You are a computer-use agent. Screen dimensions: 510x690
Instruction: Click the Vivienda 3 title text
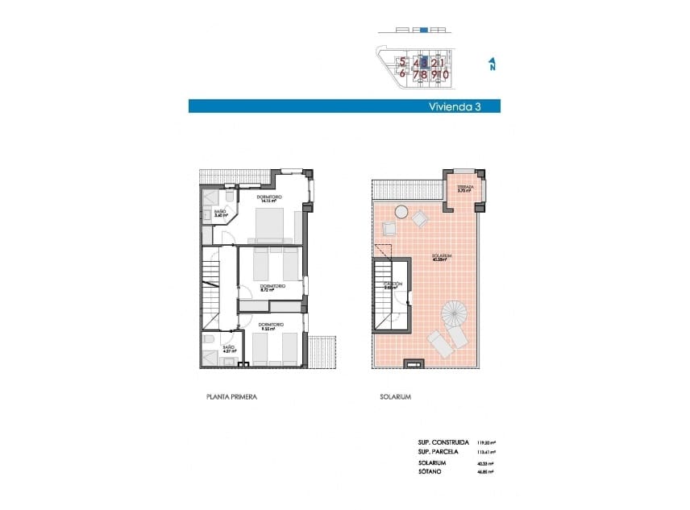pyautogui.click(x=454, y=106)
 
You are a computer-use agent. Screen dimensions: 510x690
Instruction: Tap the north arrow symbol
pyautogui.click(x=492, y=64)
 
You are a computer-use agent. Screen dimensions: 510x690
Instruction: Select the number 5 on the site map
pyautogui.click(x=402, y=62)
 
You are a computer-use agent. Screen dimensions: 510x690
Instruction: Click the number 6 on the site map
pyautogui.click(x=402, y=73)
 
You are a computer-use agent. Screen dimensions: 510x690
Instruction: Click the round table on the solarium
pyautogui.click(x=401, y=212)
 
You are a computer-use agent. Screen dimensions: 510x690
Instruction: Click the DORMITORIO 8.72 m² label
pyautogui.click(x=270, y=288)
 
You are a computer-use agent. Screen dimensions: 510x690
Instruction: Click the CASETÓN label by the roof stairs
pyautogui.click(x=393, y=284)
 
